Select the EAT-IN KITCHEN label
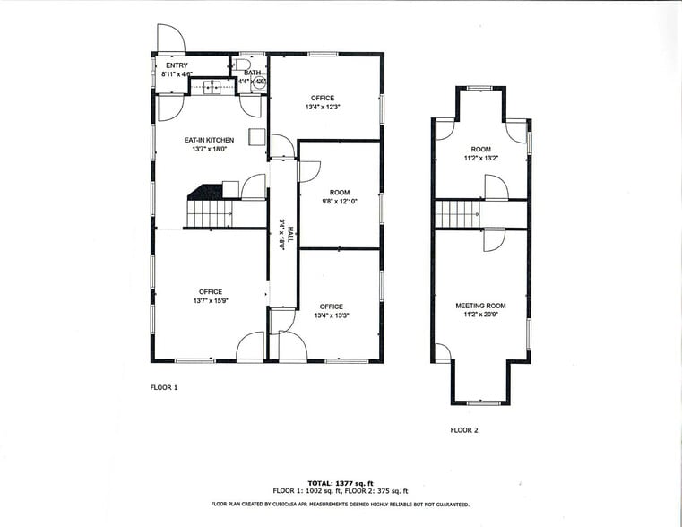(209, 140)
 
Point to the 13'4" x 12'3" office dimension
(323, 108)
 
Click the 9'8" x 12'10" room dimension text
(339, 203)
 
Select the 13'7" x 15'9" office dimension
(211, 301)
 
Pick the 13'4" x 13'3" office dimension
(331, 315)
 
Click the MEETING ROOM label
(480, 306)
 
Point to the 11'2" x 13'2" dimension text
(481, 159)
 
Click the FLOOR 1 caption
(164, 387)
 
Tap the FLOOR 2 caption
(464, 430)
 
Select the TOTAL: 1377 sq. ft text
(341, 482)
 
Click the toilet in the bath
(245, 65)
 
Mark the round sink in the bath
(260, 82)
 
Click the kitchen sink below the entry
(212, 88)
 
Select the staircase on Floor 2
(458, 214)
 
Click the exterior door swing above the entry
(171, 39)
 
